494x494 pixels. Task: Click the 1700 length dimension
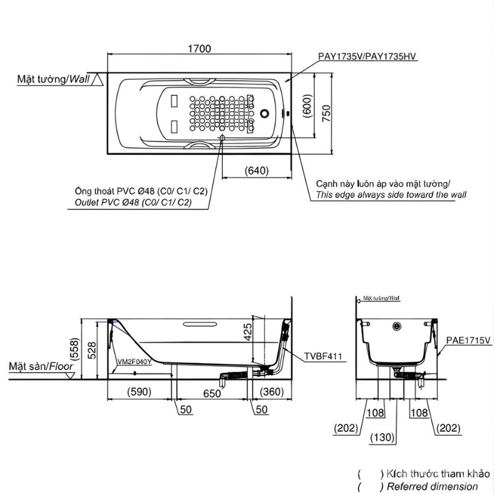[x=200, y=48]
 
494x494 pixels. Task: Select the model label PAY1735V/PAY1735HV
[x=368, y=56]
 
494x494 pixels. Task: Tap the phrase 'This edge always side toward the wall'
[x=391, y=195]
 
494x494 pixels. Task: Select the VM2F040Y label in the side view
[x=134, y=362]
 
